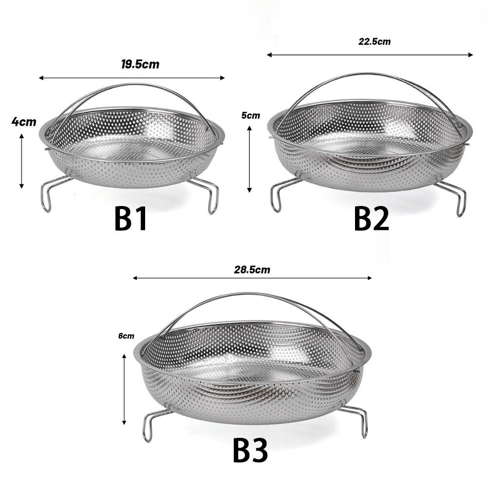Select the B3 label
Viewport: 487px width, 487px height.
pos(250,450)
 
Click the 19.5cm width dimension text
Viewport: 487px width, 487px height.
pos(140,64)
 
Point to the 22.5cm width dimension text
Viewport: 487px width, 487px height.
pos(374,41)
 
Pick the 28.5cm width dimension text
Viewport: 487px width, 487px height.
pos(252,270)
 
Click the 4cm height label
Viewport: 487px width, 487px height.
pos(24,122)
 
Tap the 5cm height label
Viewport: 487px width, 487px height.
pos(251,115)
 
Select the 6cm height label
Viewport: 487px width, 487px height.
pos(126,336)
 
